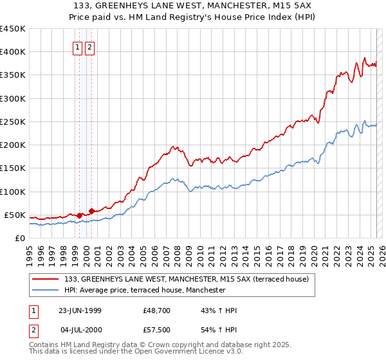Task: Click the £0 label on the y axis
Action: (x=21, y=238)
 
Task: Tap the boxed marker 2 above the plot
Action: (x=89, y=47)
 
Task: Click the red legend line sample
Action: (x=46, y=279)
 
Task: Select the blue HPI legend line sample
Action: (x=46, y=290)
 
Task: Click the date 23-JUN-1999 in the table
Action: (x=80, y=310)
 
